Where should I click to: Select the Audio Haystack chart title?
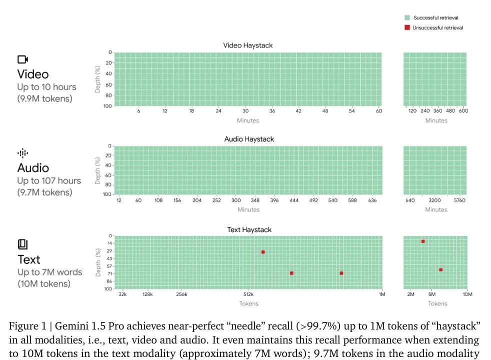(249, 139)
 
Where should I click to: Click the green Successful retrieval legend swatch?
(407, 18)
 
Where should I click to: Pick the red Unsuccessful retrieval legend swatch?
(407, 27)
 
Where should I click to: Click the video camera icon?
(22, 59)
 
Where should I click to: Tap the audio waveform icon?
(22, 153)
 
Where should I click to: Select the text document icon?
(22, 244)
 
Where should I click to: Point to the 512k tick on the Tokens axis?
(248, 294)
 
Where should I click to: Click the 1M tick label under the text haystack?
(382, 294)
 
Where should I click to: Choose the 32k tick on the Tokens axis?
(122, 294)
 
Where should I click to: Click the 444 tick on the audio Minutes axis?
(294, 200)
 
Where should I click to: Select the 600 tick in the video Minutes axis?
(463, 111)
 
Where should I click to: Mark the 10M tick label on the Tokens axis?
(467, 294)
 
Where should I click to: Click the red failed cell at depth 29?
(263, 252)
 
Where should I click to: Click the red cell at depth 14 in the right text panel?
(423, 241)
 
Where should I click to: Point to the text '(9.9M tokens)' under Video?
(44, 98)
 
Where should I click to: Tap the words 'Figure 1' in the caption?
(25, 326)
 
